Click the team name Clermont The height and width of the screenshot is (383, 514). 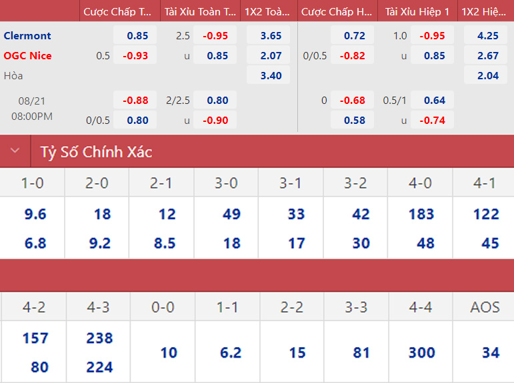pyautogui.click(x=27, y=35)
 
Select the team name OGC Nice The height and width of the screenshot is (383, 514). pyautogui.click(x=27, y=55)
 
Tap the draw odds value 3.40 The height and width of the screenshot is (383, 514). pyautogui.click(x=271, y=75)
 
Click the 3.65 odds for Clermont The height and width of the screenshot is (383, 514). pyautogui.click(x=271, y=35)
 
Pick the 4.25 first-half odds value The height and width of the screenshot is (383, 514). pyautogui.click(x=488, y=35)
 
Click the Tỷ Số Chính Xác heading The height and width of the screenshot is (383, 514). pyautogui.click(x=97, y=152)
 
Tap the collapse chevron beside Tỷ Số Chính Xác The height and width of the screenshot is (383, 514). pyautogui.click(x=15, y=151)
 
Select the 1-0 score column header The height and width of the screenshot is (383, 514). pyautogui.click(x=33, y=183)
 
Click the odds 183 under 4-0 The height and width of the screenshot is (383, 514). pyautogui.click(x=421, y=214)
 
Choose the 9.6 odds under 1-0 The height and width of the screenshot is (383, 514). pyautogui.click(x=35, y=214)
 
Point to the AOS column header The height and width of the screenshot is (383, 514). pyautogui.click(x=485, y=307)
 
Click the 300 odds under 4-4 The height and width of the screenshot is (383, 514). pyautogui.click(x=421, y=352)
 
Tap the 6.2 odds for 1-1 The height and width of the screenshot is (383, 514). pyautogui.click(x=230, y=352)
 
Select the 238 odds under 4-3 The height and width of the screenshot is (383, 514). pyautogui.click(x=99, y=338)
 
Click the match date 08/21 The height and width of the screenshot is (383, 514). pyautogui.click(x=32, y=102)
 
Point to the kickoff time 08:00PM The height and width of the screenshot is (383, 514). pyautogui.click(x=32, y=116)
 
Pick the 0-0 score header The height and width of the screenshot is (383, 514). pyautogui.click(x=163, y=307)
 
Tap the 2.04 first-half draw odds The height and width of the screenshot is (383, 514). pyautogui.click(x=488, y=75)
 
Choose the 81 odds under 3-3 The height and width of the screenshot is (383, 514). pyautogui.click(x=361, y=352)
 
